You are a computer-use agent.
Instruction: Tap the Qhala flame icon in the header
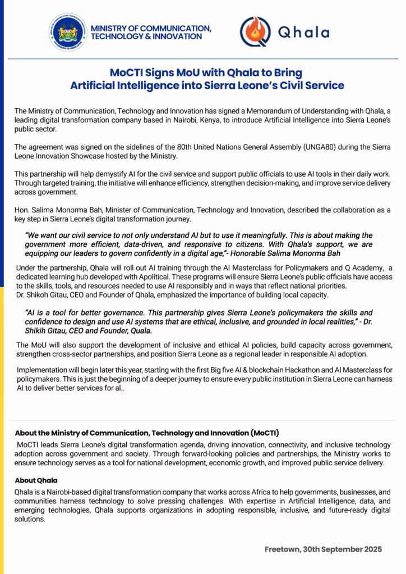(255, 32)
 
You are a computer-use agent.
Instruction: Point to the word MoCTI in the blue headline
(128, 73)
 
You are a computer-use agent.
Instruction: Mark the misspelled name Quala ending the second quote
(137, 331)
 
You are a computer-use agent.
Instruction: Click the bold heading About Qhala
(36, 480)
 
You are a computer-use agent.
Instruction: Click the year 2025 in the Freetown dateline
(371, 549)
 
